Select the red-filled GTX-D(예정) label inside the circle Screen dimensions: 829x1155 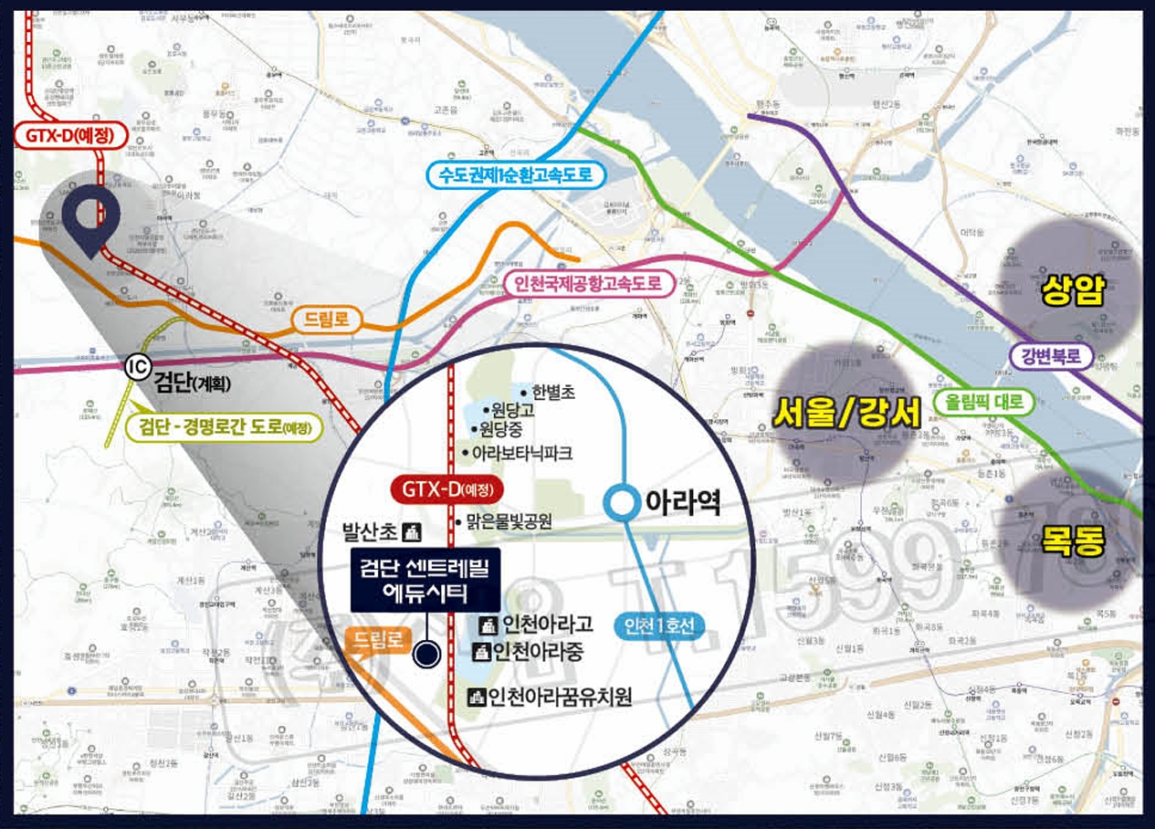[446, 489]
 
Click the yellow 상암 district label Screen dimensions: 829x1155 [1073, 290]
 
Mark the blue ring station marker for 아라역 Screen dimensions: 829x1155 [624, 502]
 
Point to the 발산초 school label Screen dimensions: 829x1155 [380, 530]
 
